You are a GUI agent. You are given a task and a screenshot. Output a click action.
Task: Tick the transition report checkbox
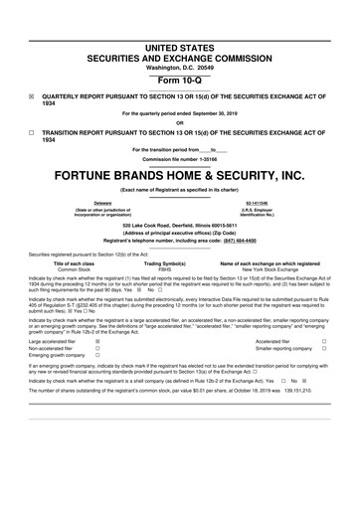tap(32, 131)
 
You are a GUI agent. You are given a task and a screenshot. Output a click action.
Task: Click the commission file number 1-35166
tap(179, 157)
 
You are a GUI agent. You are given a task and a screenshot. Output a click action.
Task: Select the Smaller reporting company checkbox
tap(324, 348)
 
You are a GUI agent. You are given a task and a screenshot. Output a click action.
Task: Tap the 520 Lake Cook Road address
tap(180, 225)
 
